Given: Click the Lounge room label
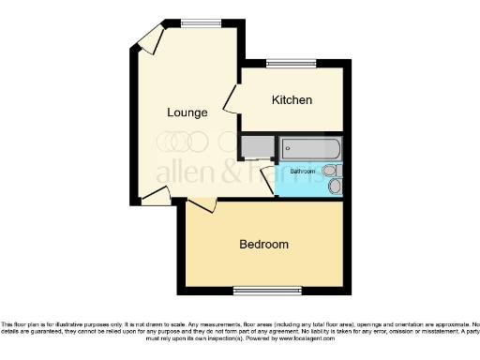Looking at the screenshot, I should point(187,113).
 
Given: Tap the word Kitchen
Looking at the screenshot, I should point(292,100).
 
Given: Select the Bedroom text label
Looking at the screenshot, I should point(263,244).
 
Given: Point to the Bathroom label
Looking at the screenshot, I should point(302,172).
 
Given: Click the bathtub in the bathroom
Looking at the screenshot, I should point(312,148).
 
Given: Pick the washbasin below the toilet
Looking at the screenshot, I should point(336,187).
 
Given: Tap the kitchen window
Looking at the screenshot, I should point(281,64).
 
